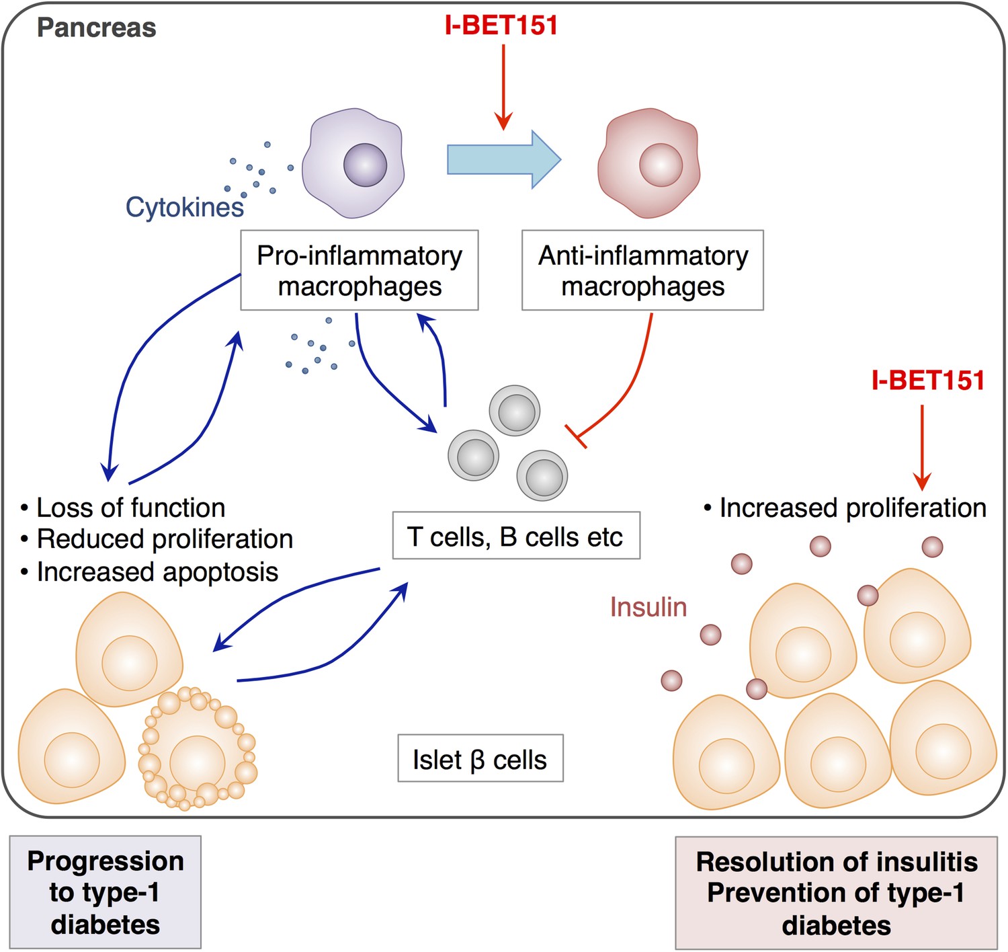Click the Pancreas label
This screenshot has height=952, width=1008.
(97, 28)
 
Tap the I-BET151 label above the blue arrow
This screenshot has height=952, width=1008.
(501, 25)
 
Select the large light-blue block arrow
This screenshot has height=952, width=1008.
(504, 159)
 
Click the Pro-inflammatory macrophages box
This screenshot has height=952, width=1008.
(360, 270)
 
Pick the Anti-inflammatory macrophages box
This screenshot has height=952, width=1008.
(642, 270)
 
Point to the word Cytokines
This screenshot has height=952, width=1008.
(185, 207)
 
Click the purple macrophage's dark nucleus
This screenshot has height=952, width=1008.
(365, 165)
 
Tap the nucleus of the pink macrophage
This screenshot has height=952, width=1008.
(661, 165)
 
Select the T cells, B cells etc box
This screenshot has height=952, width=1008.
(516, 535)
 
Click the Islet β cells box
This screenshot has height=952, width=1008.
(480, 758)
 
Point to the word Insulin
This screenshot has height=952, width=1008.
(648, 606)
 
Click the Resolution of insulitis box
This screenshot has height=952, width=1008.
(837, 893)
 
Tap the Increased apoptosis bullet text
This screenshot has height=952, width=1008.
(149, 572)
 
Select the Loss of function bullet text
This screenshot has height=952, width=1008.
(123, 508)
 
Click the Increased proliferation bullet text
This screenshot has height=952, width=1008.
(845, 508)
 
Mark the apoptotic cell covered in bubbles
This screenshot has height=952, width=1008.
(198, 748)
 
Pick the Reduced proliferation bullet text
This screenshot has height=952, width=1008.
(157, 539)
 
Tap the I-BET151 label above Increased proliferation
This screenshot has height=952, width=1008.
(928, 380)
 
